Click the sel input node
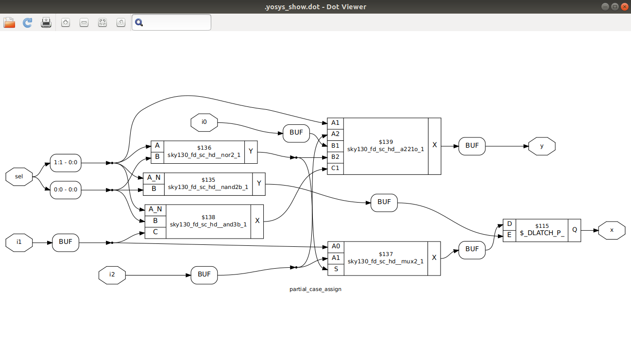tap(19, 176)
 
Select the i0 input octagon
tap(204, 122)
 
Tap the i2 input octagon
tap(112, 274)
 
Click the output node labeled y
tap(542, 146)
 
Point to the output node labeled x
tap(612, 230)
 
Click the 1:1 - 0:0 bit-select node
tap(66, 163)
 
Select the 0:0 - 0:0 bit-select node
tap(66, 189)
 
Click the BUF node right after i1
tap(66, 242)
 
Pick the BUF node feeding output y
tap(472, 146)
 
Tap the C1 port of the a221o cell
tap(335, 168)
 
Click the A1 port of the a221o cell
tap(335, 123)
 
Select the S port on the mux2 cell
tap(336, 269)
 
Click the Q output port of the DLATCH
tap(574, 230)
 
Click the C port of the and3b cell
tap(155, 232)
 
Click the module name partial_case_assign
tap(315, 289)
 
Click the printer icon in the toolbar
tap(46, 22)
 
